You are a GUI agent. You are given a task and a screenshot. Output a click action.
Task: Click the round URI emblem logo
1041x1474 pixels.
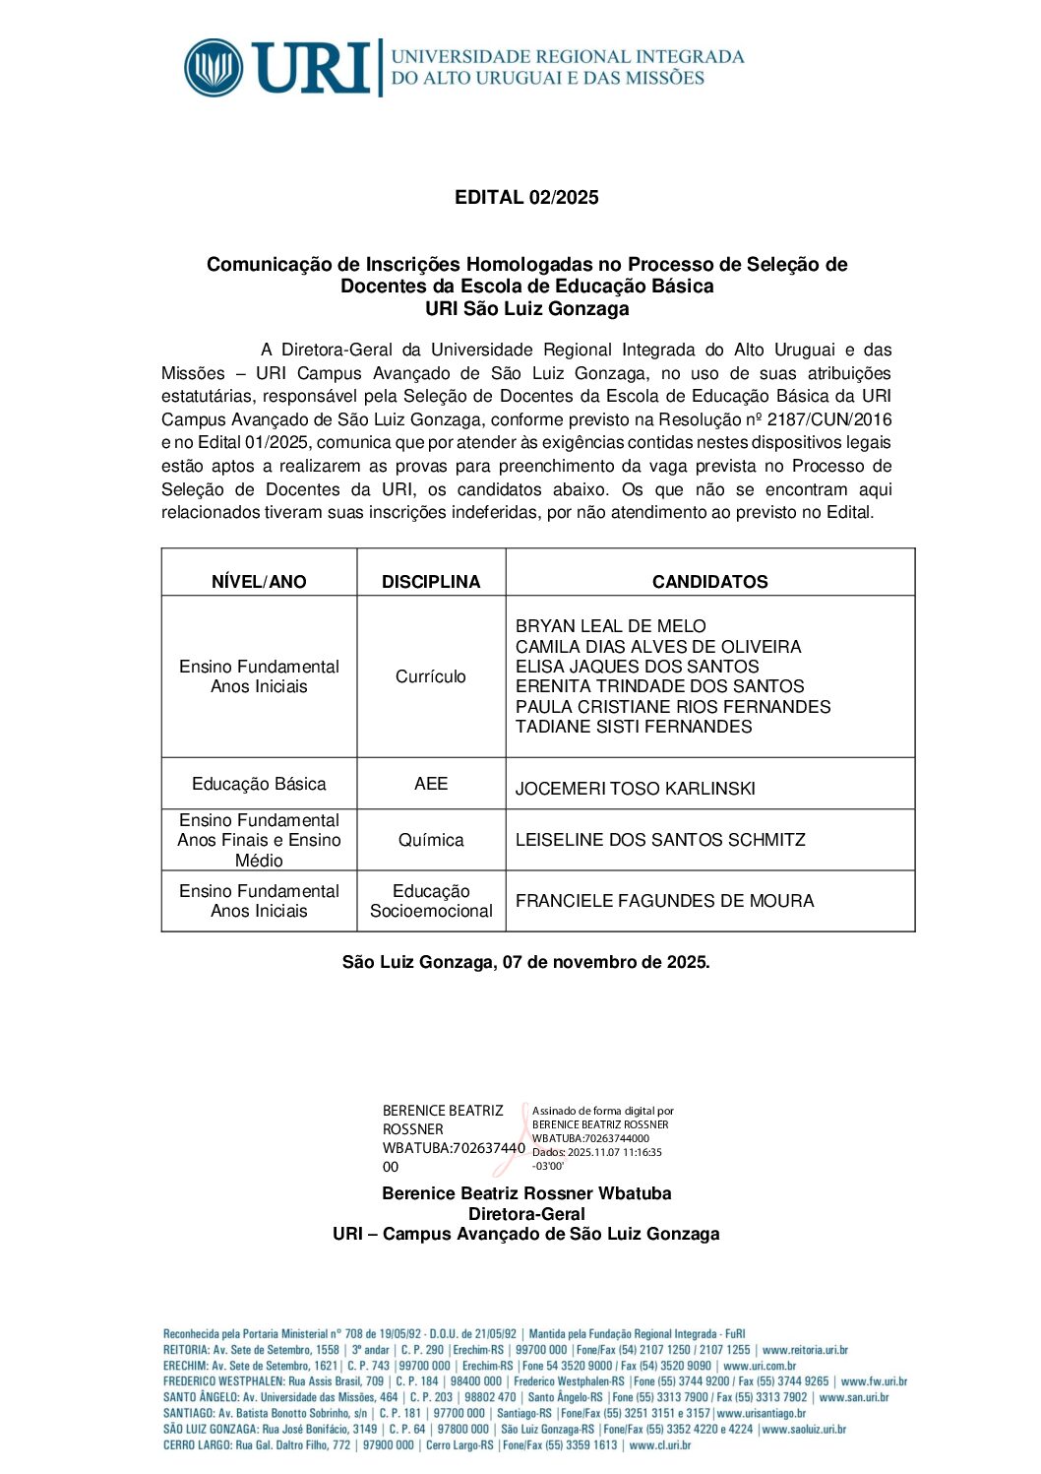(214, 68)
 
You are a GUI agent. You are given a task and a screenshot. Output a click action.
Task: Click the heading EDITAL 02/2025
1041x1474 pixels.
(526, 198)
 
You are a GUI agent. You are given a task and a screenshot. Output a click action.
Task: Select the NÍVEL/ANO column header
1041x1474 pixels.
(259, 582)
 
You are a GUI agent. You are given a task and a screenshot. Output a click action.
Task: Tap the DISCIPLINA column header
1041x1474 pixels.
(431, 582)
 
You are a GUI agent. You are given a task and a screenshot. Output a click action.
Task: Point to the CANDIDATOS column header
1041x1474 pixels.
(709, 582)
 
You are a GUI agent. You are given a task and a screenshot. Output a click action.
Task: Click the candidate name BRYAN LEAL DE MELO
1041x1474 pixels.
(610, 626)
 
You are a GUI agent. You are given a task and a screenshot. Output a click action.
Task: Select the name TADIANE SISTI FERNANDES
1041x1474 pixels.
(634, 727)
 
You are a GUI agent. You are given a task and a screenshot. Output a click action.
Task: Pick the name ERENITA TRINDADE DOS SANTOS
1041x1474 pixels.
(659, 686)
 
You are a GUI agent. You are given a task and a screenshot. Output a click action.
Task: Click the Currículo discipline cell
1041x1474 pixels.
(431, 676)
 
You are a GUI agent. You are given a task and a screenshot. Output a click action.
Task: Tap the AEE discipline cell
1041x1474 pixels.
(431, 784)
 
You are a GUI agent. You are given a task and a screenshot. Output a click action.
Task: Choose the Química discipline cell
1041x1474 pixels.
(431, 840)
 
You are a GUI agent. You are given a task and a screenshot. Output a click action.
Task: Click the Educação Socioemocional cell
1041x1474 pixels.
(431, 901)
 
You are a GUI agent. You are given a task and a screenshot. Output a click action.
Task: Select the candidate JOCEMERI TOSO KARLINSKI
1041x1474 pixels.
(635, 789)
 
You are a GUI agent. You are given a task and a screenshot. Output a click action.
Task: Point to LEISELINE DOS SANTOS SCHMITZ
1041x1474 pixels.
(660, 840)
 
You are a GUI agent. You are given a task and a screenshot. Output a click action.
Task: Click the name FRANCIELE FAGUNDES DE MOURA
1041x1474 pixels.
(664, 901)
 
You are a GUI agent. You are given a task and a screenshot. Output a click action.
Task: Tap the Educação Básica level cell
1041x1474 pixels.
(259, 784)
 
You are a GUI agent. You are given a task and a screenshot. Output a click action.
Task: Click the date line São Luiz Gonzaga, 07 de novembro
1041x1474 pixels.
(525, 962)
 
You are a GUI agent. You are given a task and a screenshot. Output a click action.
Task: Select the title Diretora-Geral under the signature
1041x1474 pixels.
(526, 1214)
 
